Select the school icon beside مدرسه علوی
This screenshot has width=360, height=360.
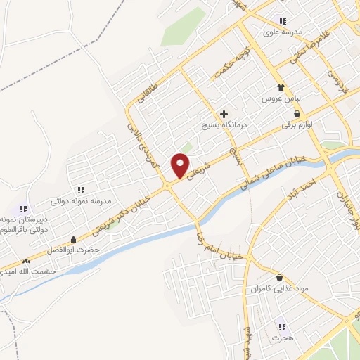click(x=283, y=21)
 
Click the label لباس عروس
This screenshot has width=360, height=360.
click(x=282, y=98)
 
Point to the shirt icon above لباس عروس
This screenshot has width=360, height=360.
click(x=281, y=87)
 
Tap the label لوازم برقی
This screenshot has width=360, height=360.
click(x=297, y=124)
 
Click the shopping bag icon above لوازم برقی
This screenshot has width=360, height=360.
click(x=297, y=113)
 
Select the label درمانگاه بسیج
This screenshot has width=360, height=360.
click(x=224, y=125)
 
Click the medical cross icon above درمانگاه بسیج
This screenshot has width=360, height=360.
click(x=224, y=114)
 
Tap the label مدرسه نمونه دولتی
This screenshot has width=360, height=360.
click(x=83, y=201)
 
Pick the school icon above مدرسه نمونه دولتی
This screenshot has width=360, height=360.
click(x=82, y=190)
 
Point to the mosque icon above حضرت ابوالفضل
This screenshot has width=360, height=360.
click(x=74, y=239)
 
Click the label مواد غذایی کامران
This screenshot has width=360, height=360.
click(x=281, y=289)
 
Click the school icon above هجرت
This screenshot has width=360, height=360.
click(x=282, y=327)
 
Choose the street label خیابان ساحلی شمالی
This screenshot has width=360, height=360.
click(x=271, y=172)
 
